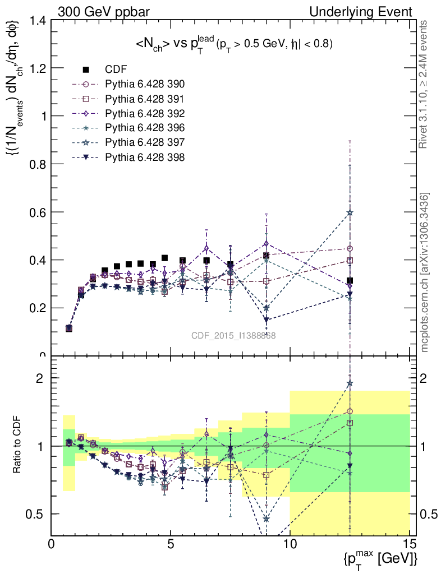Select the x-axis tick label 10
[x=290, y=543]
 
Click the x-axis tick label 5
[x=171, y=543]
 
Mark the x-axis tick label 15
[x=410, y=543]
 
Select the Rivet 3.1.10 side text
[x=425, y=85]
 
